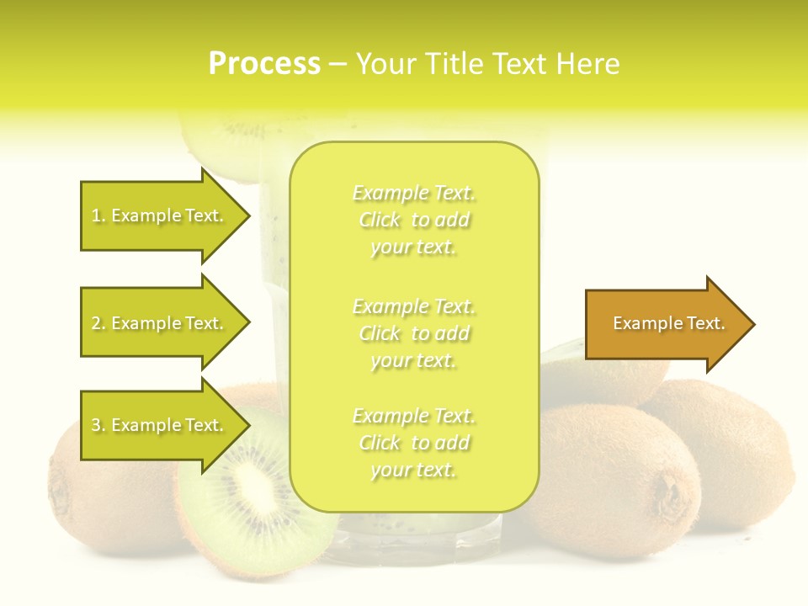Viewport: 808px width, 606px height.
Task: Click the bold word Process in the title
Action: tap(264, 64)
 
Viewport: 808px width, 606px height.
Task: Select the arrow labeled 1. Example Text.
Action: tap(160, 215)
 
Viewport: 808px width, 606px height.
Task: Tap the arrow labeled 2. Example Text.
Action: tap(160, 323)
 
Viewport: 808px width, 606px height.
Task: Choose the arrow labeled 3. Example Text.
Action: tap(160, 425)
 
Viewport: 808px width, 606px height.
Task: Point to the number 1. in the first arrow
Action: tap(98, 216)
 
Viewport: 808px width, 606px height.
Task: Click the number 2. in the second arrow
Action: tap(98, 323)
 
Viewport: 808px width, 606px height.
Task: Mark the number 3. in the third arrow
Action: tap(98, 426)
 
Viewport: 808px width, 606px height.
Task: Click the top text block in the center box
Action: tap(413, 220)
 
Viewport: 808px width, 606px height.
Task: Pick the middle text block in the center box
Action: tap(413, 333)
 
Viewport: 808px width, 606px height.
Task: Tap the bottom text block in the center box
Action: tap(413, 443)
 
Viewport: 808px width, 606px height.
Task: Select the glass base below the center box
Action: tap(412, 539)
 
